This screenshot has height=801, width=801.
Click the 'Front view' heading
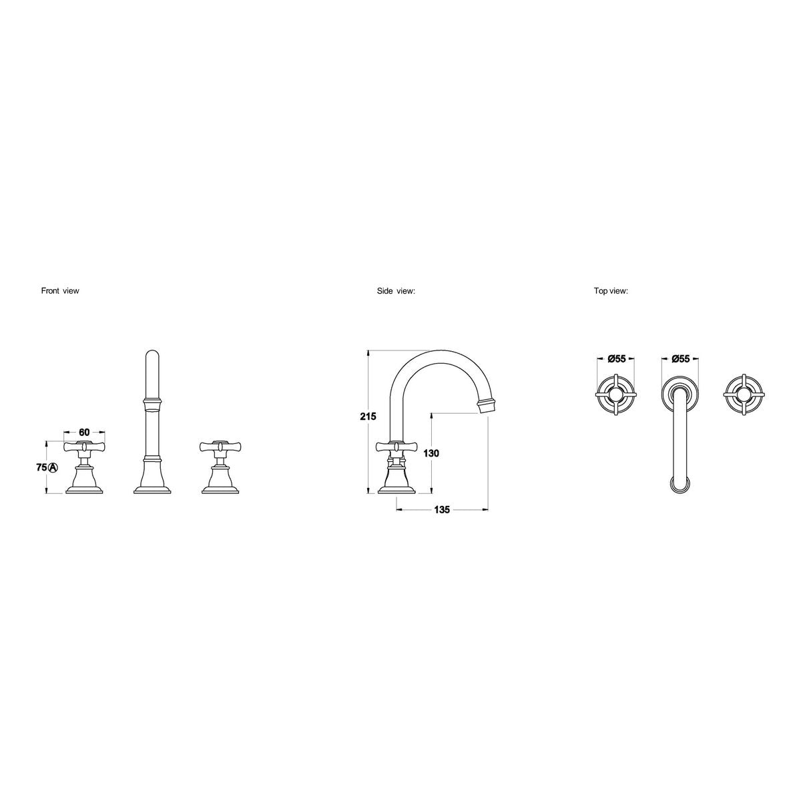point(60,291)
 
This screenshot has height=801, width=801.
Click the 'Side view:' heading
point(396,291)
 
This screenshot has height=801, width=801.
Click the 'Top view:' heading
point(611,291)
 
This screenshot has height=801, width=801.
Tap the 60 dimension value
point(84,433)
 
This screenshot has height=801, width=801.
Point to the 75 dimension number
point(41,467)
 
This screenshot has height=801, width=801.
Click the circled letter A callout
point(53,467)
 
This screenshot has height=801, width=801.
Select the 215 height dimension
point(368,416)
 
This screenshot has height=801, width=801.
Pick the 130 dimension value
point(431,453)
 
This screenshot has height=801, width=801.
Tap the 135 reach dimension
point(442,509)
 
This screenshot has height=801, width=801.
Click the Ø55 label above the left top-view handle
point(616,358)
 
